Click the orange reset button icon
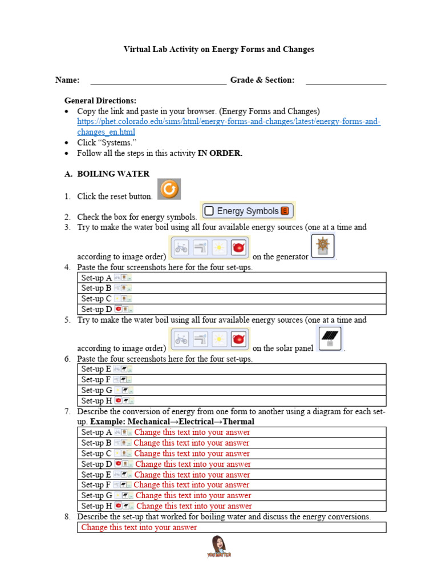pyautogui.click(x=169, y=189)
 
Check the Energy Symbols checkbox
pyautogui.click(x=209, y=211)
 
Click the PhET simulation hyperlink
pyautogui.click(x=229, y=127)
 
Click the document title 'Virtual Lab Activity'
pyautogui.click(x=218, y=50)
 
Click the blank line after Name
pyautogui.click(x=158, y=81)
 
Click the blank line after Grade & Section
pyautogui.click(x=346, y=81)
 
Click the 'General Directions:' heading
pyautogui.click(x=100, y=101)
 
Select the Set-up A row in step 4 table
pyautogui.click(x=232, y=278)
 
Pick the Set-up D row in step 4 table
pyautogui.click(x=232, y=309)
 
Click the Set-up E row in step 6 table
pyautogui.click(x=232, y=369)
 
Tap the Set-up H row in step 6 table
pyautogui.click(x=232, y=400)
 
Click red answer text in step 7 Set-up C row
pyautogui.click(x=192, y=454)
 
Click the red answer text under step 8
pyautogui.click(x=139, y=527)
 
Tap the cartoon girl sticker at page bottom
pyautogui.click(x=219, y=546)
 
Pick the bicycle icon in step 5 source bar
pyautogui.click(x=181, y=339)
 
